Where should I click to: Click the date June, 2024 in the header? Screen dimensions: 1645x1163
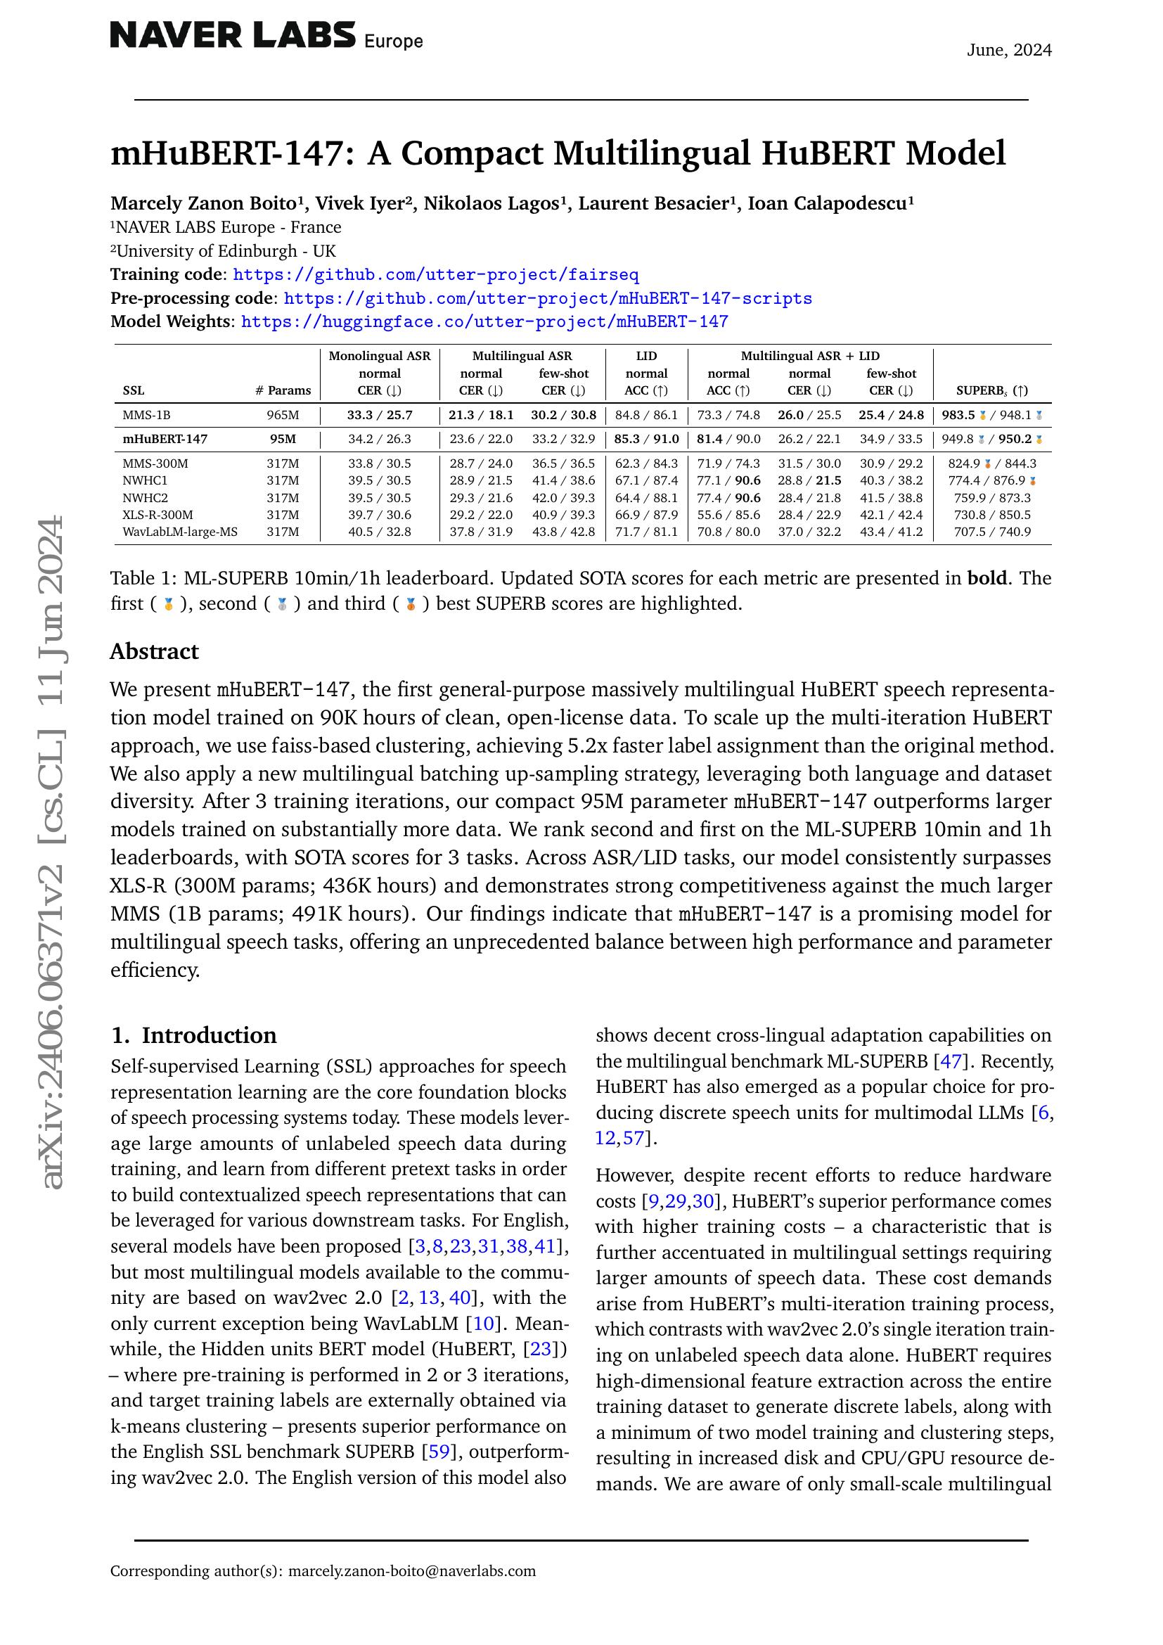1008,50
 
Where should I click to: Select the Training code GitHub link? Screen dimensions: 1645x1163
435,274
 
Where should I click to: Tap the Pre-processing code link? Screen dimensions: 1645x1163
548,298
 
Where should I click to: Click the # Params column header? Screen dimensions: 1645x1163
283,390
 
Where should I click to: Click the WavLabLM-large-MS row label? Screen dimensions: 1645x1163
180,532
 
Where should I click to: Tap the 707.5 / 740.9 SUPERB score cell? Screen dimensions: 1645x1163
992,532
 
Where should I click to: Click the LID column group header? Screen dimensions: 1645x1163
646,356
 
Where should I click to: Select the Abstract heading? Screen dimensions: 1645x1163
154,651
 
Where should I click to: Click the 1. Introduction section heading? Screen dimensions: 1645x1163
193,1035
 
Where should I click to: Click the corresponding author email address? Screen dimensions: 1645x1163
412,1571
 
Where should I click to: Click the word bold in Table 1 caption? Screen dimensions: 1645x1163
987,578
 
